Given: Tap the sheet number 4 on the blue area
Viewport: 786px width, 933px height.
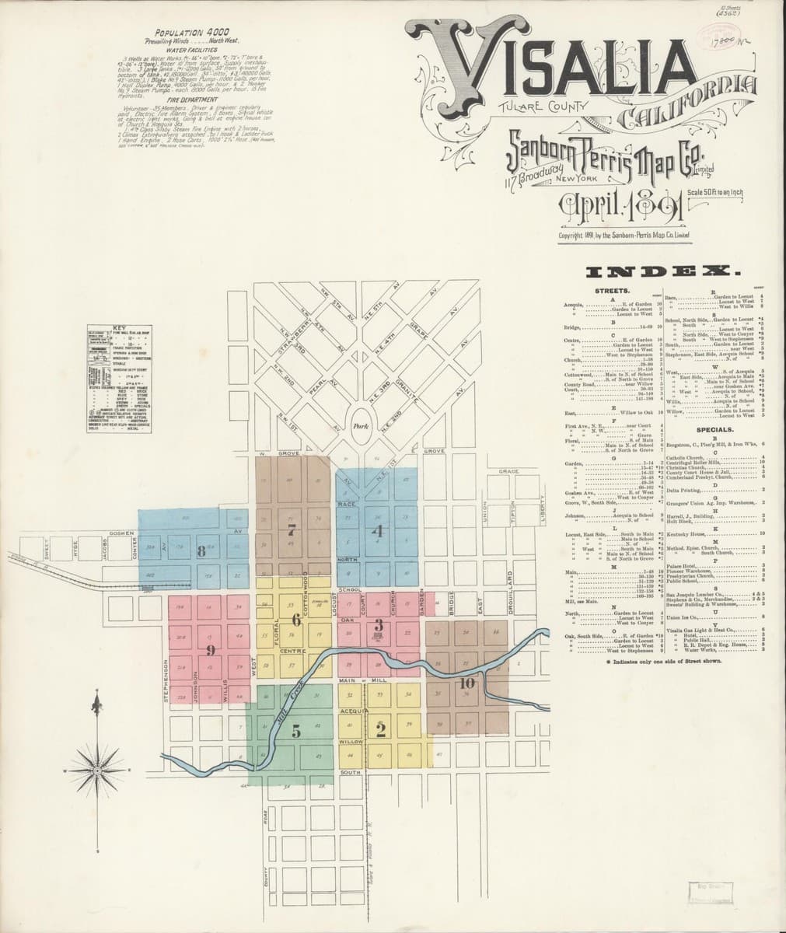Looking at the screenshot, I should (x=377, y=533).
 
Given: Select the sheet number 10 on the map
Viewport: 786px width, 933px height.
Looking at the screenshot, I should (x=466, y=683).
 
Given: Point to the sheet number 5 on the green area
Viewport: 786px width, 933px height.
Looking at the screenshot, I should (x=296, y=730).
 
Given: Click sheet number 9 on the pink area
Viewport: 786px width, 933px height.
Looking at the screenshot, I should (x=210, y=650).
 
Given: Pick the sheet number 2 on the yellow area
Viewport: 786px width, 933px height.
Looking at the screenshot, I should (x=381, y=729).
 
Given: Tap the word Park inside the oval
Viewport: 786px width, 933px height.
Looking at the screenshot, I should (x=359, y=426).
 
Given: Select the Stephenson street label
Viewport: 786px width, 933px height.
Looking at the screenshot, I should (x=166, y=682).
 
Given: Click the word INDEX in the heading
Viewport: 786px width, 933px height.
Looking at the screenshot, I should (x=664, y=271).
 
